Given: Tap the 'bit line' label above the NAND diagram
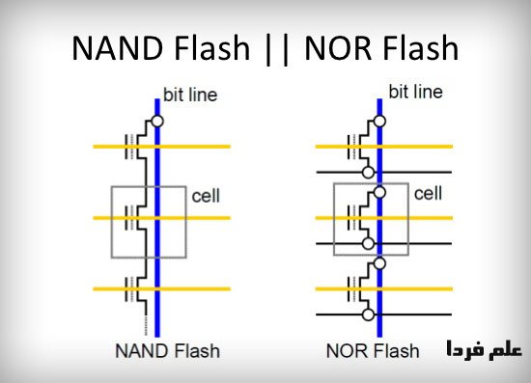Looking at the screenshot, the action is point(190,95).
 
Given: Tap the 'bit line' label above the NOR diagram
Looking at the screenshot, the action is point(415,92).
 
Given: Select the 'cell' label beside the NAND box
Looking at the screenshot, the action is point(206,196).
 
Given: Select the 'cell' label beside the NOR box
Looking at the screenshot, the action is point(428,194).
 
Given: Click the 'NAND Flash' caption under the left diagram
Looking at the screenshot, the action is point(168,351).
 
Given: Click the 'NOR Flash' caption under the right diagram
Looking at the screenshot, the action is point(373,351).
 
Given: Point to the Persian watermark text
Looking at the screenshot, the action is point(484,349).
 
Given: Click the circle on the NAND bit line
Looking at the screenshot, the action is point(157,122).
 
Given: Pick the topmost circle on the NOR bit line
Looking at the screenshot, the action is point(379,122).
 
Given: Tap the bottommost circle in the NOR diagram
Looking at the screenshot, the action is point(369,315).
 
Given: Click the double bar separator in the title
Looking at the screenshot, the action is point(277,49).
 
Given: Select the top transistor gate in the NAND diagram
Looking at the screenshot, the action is point(131,147).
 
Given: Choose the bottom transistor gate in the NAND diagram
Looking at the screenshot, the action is point(131,289).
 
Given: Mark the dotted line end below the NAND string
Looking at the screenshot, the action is point(146,335).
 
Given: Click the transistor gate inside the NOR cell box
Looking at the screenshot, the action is point(353,218).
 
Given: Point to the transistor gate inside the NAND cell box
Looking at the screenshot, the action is point(131,218).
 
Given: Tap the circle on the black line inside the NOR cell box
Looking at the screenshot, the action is point(369,244).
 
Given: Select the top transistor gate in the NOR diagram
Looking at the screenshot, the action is point(353,147).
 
